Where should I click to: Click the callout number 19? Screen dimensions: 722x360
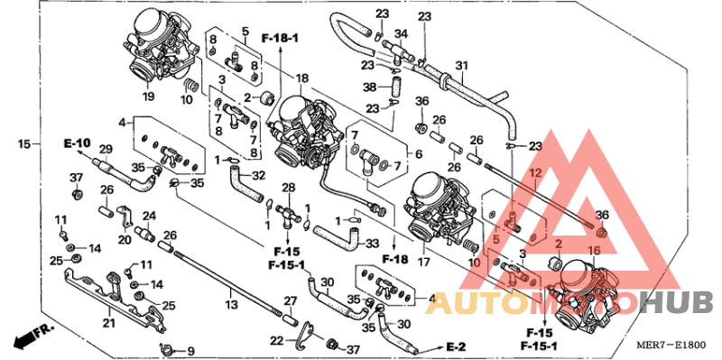pos(147,97)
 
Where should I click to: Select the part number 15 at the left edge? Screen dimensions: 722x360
pos(24,144)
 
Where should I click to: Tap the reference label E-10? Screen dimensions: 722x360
pos(78,143)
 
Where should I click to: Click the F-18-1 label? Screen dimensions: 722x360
pos(280,38)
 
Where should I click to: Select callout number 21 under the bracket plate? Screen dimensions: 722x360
pos(108,323)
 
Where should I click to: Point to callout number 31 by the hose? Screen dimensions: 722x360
pos(462,65)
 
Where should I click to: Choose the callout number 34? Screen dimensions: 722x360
pos(401,33)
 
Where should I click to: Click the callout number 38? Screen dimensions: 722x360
pos(369,88)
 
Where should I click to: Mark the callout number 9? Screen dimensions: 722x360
pos(190,350)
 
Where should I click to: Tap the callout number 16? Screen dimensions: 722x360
pos(594,250)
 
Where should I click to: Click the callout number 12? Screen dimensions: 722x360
pos(534,172)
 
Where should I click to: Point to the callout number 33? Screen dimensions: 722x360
pos(371,243)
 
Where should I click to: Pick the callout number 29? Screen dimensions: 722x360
pos(105,149)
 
